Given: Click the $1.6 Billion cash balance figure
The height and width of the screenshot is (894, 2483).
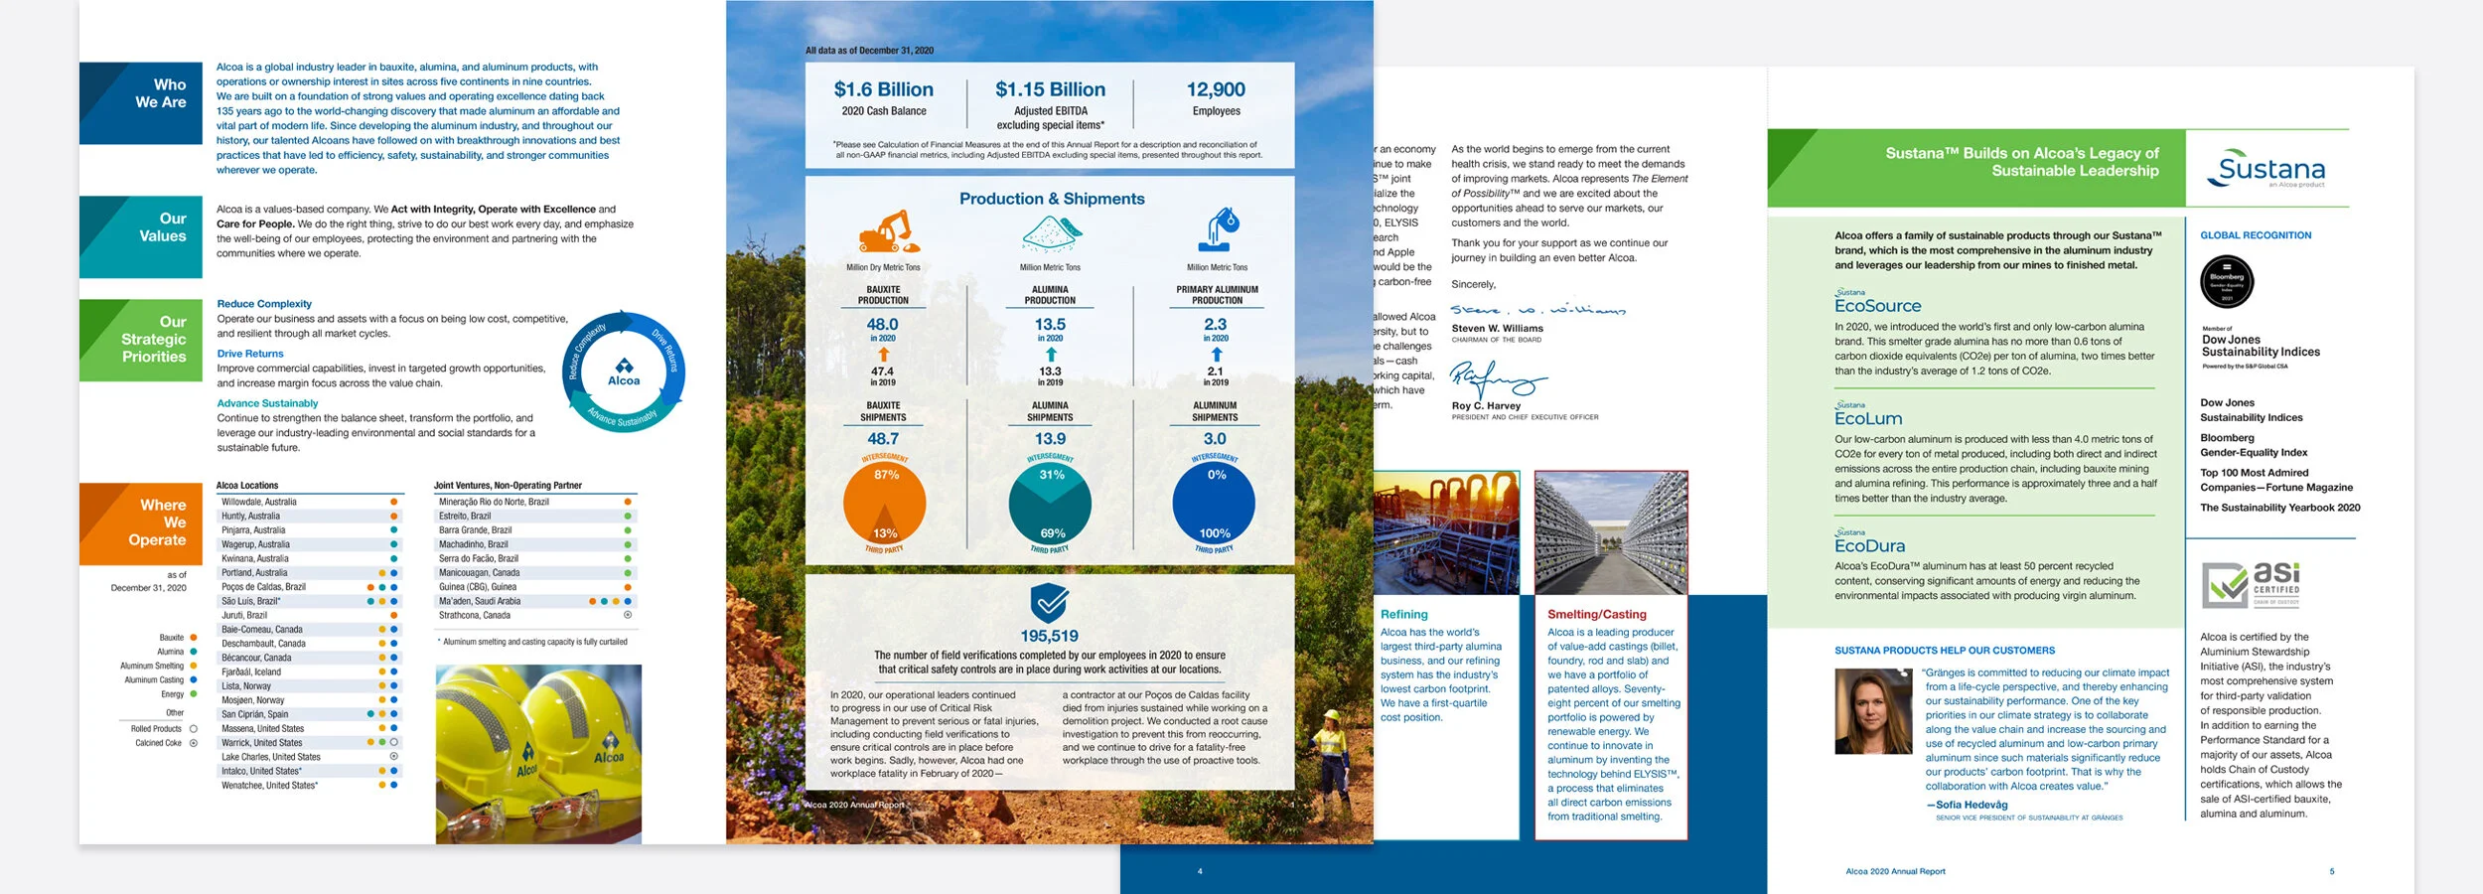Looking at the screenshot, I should [x=883, y=89].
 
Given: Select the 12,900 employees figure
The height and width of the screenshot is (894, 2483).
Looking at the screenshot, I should [x=1216, y=89].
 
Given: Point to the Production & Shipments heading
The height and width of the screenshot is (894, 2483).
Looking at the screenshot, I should [x=1051, y=199].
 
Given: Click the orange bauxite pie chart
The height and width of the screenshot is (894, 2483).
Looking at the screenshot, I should [x=884, y=504].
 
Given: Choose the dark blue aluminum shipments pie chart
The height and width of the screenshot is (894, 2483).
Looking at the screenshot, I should [x=1214, y=504].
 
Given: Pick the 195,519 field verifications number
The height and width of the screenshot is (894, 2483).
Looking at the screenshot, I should [x=1049, y=636].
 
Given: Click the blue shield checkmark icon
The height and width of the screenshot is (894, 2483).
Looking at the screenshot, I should [x=1049, y=602].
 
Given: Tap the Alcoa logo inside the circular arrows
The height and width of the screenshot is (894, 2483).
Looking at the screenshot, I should [x=624, y=372].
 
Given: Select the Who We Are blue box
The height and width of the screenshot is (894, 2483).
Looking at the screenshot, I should [x=141, y=103].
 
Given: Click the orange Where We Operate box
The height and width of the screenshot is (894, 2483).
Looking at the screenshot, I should [x=141, y=523].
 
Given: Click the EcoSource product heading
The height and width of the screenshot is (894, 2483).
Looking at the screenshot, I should [x=1877, y=306].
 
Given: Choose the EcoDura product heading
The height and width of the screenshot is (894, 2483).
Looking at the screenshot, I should [x=1869, y=545].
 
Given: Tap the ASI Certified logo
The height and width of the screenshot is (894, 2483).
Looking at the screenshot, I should [x=2251, y=584].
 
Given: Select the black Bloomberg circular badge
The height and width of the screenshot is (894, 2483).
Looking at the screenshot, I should [x=2227, y=282].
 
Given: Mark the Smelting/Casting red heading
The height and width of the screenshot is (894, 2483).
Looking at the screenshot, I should [x=1596, y=614].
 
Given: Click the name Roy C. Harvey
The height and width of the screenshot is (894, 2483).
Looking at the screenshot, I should [x=1486, y=405].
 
